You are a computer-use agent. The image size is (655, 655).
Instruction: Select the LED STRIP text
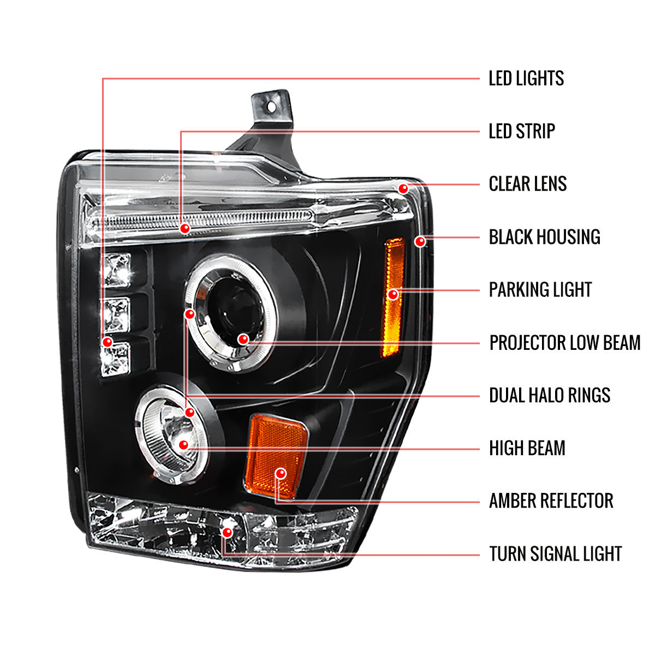point(521,132)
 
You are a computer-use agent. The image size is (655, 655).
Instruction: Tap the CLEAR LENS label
point(527,184)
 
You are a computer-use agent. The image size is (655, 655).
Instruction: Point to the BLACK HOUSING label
point(544,237)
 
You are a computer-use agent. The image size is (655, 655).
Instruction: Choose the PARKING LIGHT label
point(540,290)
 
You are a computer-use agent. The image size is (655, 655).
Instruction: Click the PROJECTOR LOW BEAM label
point(564,343)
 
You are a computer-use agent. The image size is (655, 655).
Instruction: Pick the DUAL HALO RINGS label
point(549,395)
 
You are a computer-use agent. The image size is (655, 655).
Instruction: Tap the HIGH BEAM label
point(527,448)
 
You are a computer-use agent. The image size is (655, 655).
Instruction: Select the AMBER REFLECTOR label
point(551,501)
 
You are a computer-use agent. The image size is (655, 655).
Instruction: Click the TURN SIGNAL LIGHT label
point(555,553)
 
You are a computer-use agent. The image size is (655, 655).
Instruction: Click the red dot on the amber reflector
point(281,473)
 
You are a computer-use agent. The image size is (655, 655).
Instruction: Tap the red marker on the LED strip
point(185,228)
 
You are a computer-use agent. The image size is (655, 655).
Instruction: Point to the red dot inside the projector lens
point(243,340)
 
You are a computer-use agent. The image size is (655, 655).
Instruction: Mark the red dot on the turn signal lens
point(227,532)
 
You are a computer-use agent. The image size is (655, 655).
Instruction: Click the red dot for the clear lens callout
point(403,188)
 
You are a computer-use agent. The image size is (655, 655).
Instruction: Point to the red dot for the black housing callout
point(420,241)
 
